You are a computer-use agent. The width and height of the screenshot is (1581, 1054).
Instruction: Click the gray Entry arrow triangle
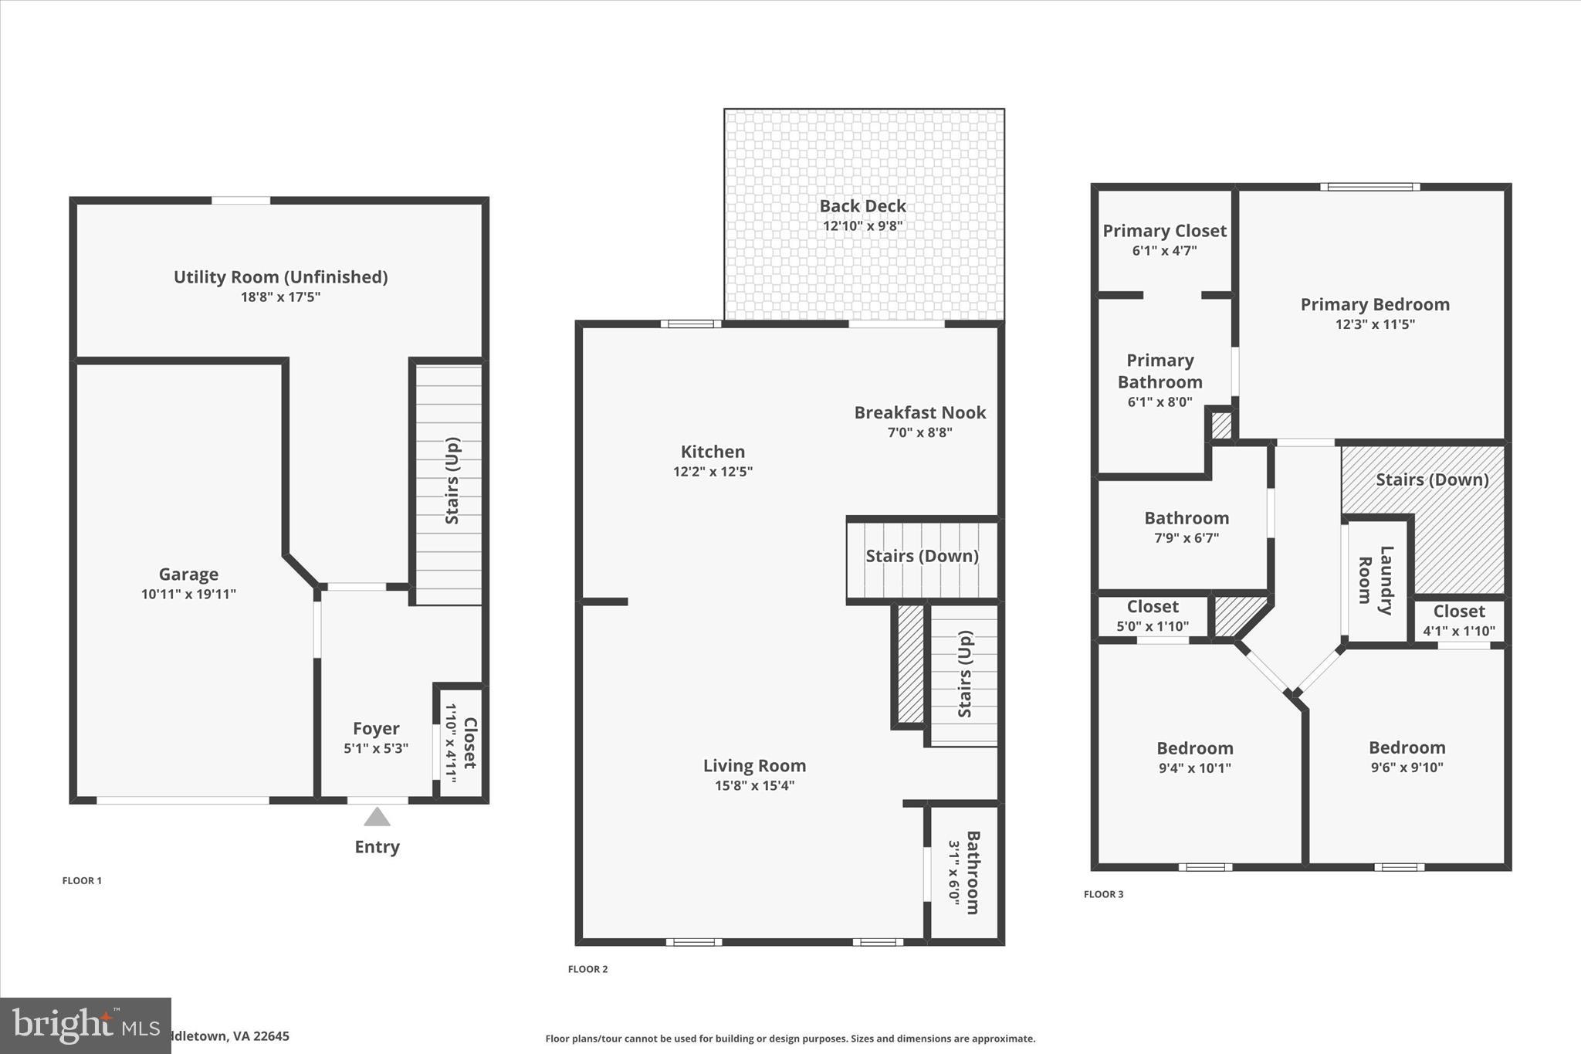[377, 817]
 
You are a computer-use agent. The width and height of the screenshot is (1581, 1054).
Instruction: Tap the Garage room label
[188, 574]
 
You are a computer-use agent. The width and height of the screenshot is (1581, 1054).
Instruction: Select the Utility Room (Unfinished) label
[280, 277]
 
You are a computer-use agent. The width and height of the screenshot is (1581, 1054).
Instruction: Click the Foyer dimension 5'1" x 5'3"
[376, 748]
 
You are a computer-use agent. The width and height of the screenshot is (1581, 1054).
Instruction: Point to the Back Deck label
[862, 206]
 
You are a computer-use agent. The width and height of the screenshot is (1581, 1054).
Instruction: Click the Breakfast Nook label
[919, 413]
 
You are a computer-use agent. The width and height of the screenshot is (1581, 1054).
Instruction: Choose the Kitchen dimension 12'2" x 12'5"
[713, 472]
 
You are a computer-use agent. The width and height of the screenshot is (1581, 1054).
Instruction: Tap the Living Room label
[754, 766]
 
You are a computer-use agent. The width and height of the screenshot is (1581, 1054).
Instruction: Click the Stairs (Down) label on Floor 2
[922, 556]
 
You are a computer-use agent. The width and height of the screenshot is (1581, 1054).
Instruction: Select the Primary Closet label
[1164, 231]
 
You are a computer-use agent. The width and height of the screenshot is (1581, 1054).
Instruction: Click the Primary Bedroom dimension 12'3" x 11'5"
[1375, 324]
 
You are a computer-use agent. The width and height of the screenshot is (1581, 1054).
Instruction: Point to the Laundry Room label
[1376, 580]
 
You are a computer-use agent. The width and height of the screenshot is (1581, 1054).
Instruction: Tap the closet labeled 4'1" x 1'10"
[1459, 621]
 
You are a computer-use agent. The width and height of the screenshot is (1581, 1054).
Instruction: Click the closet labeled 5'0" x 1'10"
[1153, 616]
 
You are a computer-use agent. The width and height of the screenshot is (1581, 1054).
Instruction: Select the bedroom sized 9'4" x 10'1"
[1194, 757]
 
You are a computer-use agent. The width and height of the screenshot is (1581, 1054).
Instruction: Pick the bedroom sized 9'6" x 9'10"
[1407, 757]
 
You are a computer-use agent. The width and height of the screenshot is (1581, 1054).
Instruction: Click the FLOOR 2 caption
[587, 969]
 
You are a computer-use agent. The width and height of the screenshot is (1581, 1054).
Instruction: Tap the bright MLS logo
[85, 1025]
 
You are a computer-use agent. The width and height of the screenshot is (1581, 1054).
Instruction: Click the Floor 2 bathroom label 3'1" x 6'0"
[964, 873]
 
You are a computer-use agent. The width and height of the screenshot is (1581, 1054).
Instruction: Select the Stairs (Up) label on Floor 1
[452, 480]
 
